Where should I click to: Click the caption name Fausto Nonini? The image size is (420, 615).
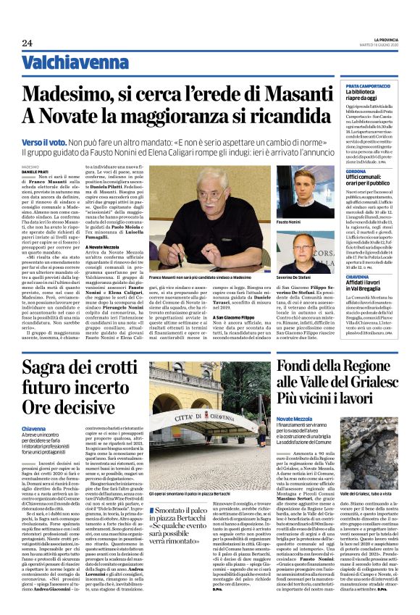[288, 222]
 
